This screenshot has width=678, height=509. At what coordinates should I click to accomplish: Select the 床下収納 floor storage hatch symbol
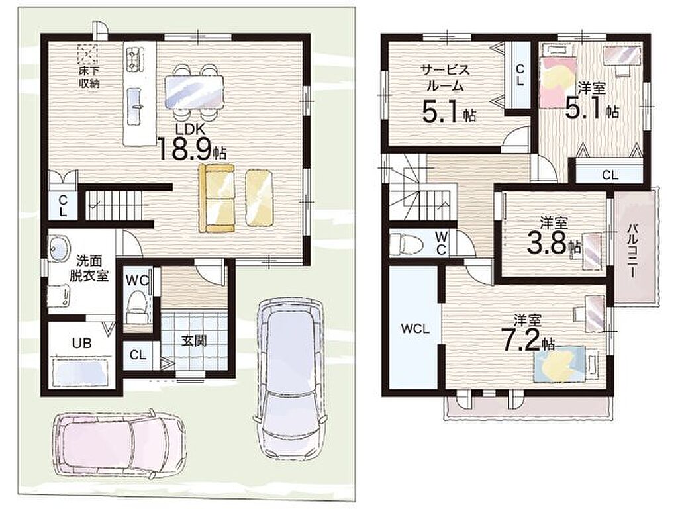88,55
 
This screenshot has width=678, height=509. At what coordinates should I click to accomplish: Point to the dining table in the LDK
195,92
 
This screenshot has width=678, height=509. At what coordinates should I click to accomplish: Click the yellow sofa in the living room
216,199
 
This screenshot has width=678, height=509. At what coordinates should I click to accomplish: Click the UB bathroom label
81,343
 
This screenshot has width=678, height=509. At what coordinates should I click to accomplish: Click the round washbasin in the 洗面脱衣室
59,248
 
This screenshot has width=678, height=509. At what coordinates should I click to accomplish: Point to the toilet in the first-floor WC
136,306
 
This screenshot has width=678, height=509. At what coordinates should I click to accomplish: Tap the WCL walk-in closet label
414,329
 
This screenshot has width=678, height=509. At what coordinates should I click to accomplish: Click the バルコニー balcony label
632,250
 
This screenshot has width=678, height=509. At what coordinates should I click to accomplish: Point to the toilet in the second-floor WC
406,244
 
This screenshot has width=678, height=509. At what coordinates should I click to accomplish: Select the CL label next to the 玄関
138,355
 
